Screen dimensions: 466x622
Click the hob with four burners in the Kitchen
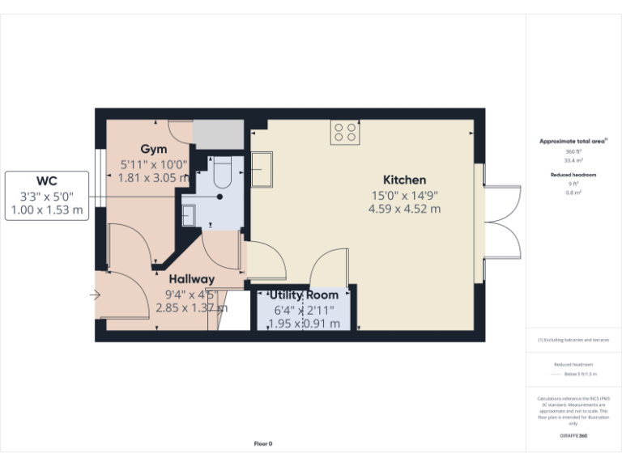point(345,133)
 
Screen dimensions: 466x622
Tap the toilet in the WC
point(223,172)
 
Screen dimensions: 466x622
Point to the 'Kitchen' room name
point(404,180)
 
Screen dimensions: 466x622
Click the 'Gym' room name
point(153,149)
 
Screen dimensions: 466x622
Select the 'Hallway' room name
point(191,279)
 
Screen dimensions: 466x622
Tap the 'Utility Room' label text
point(304,295)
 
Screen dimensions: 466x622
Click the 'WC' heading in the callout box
point(46,180)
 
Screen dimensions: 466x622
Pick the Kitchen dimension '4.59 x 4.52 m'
point(404,209)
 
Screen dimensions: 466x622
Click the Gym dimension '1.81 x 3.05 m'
point(153,177)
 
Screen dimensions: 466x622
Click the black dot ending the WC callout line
point(219,197)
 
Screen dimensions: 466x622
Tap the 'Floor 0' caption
point(263,443)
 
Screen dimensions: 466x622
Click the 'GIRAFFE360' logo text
point(573,436)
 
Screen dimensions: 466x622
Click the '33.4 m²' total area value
point(573,160)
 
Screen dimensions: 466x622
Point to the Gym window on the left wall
point(96,175)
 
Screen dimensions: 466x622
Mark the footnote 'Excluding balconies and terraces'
point(573,340)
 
